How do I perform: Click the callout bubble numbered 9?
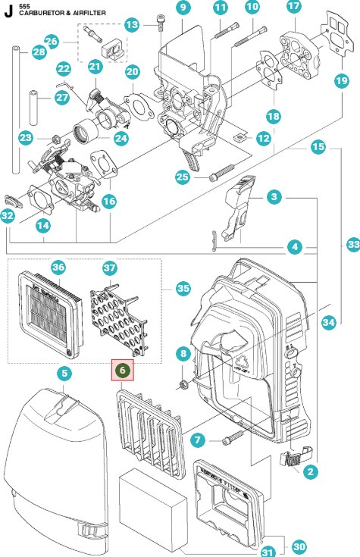183,8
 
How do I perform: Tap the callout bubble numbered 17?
294,8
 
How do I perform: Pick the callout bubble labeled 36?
58,267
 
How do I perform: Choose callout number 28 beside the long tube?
17,52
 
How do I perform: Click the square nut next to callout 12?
239,138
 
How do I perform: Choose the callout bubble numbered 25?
182,177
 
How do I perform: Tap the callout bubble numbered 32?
8,216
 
